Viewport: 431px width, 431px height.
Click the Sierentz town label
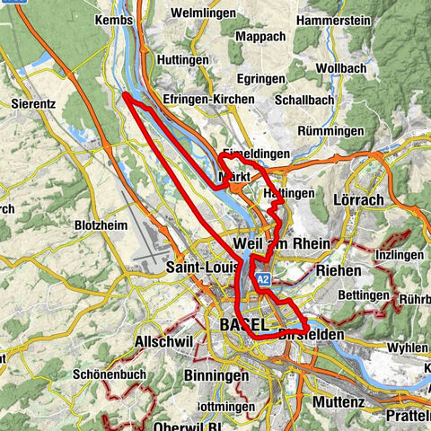tap(35, 104)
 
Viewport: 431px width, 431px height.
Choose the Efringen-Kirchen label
tap(205, 101)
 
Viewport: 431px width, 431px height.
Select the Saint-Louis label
tap(204, 268)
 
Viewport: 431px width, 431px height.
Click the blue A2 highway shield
tap(262, 281)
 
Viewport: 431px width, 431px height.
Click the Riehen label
tap(337, 269)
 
